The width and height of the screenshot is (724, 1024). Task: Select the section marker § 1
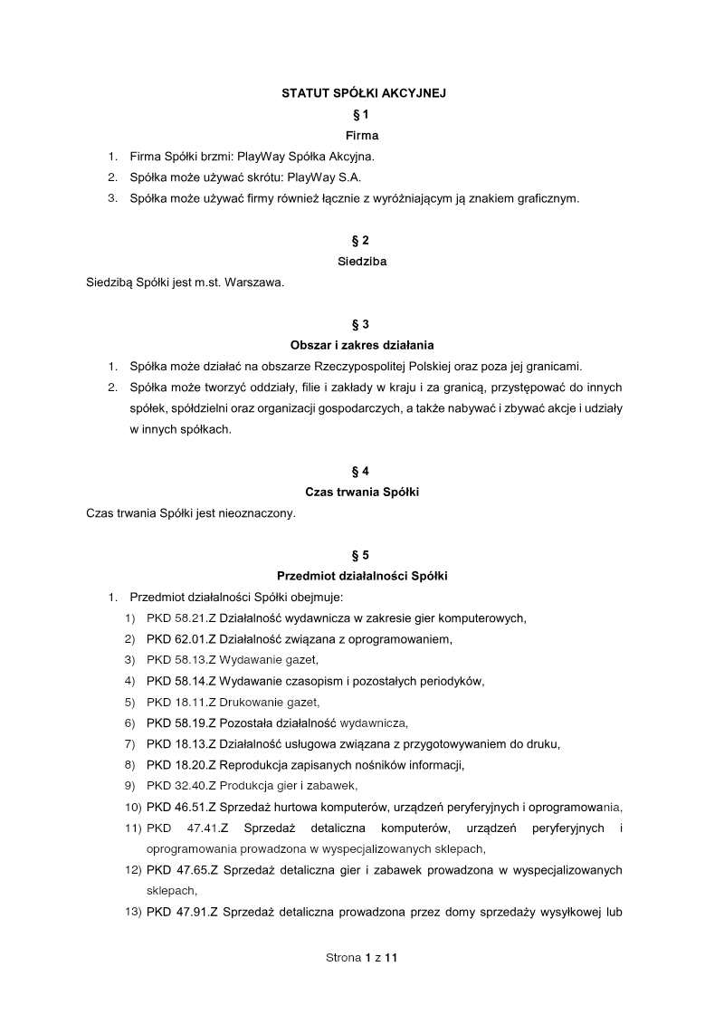[362, 114]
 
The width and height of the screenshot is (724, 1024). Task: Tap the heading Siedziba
[362, 262]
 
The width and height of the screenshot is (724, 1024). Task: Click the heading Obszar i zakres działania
[362, 345]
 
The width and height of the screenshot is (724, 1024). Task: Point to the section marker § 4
[362, 471]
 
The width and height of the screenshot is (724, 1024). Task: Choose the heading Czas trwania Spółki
[362, 492]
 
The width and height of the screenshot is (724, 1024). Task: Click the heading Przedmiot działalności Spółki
[362, 576]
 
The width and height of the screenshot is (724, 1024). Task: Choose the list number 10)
[132, 806]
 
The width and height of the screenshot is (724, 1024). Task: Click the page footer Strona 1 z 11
[362, 956]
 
